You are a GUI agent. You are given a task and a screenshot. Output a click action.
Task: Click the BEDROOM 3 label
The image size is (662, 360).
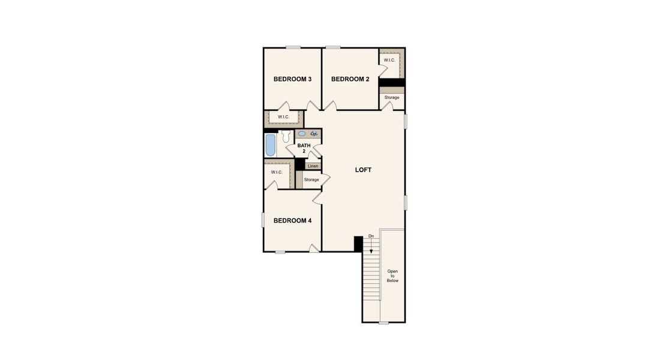(292, 79)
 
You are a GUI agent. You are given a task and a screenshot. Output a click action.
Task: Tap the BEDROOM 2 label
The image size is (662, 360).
(350, 79)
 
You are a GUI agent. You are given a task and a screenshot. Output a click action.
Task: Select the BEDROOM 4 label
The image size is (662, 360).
(292, 221)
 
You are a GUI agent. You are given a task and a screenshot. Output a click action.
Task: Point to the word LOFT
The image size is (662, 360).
(363, 170)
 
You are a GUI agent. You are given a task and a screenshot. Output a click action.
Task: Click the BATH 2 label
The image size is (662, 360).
(304, 148)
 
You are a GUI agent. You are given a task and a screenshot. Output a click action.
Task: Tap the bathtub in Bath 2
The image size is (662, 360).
(271, 145)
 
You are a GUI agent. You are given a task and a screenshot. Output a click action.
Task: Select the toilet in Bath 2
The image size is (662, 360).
(286, 136)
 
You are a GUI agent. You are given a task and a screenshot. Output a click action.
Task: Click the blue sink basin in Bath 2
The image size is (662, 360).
(302, 134)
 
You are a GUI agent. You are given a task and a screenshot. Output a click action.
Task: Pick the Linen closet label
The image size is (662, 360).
(313, 166)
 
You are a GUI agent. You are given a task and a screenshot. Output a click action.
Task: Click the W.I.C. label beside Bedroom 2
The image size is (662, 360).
(389, 60)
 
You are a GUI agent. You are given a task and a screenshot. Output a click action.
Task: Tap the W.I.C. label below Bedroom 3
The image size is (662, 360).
(283, 117)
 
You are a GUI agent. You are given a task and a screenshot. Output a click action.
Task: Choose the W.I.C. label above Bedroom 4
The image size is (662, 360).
(276, 172)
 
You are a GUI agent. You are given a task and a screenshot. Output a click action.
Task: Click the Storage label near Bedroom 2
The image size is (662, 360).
(392, 97)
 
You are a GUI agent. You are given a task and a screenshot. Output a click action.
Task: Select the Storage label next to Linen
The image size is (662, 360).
(311, 179)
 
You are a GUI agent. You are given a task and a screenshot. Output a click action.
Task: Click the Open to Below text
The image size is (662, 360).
(393, 276)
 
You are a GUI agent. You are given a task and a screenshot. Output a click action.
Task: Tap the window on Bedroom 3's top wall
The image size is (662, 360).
(293, 47)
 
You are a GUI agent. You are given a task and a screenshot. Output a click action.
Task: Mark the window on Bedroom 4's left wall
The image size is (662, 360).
(263, 220)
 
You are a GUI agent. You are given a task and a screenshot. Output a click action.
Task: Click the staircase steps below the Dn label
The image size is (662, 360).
(371, 276)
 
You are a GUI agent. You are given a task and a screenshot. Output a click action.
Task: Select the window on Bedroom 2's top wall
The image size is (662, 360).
(333, 47)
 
